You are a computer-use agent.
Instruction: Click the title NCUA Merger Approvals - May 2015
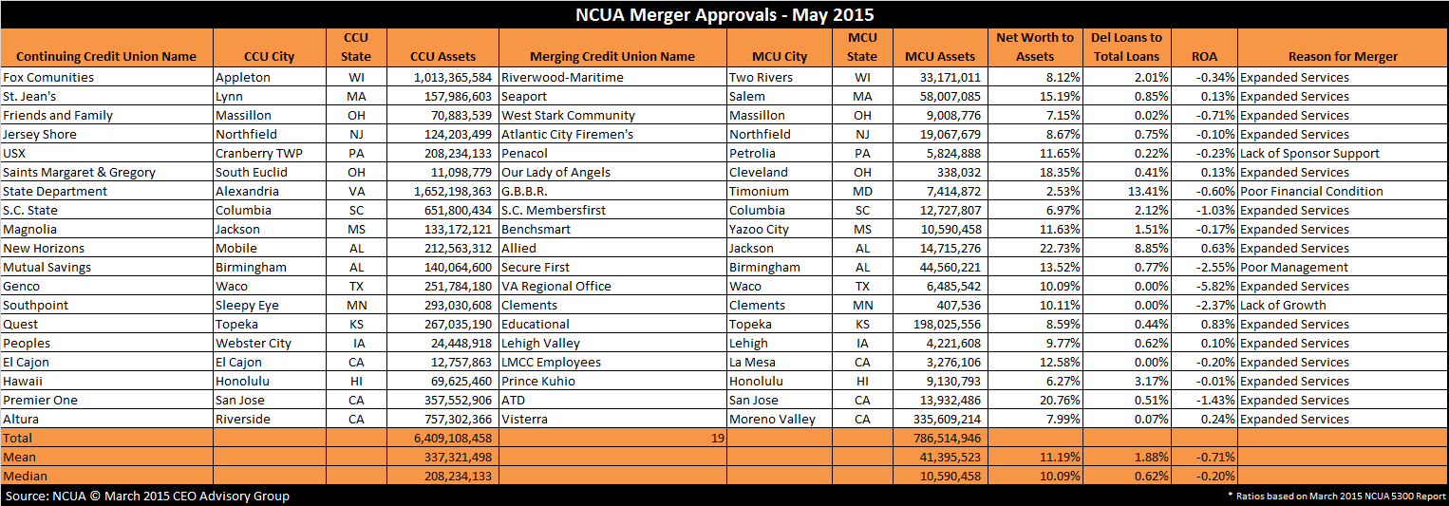click(724, 15)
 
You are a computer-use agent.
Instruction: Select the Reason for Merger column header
click(1343, 56)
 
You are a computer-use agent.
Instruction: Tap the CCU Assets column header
click(442, 56)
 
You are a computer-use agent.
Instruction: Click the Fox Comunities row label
click(48, 77)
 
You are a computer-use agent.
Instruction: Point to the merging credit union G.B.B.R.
click(524, 191)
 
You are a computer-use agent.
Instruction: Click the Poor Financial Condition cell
click(1311, 191)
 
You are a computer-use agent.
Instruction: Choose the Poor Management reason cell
click(1293, 267)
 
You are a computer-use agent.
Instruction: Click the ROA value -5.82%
click(1214, 286)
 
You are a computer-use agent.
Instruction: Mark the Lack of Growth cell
click(1283, 305)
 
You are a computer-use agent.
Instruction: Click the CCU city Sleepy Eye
click(247, 305)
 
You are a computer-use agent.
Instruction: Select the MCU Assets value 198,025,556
click(947, 324)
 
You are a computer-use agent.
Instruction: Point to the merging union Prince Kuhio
click(538, 381)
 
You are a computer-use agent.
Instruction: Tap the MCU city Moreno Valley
click(772, 420)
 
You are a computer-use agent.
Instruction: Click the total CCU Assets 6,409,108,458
click(453, 438)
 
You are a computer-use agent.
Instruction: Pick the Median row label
click(26, 477)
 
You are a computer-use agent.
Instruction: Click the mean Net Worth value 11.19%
click(1060, 457)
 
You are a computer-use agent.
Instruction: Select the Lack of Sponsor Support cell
click(1309, 154)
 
